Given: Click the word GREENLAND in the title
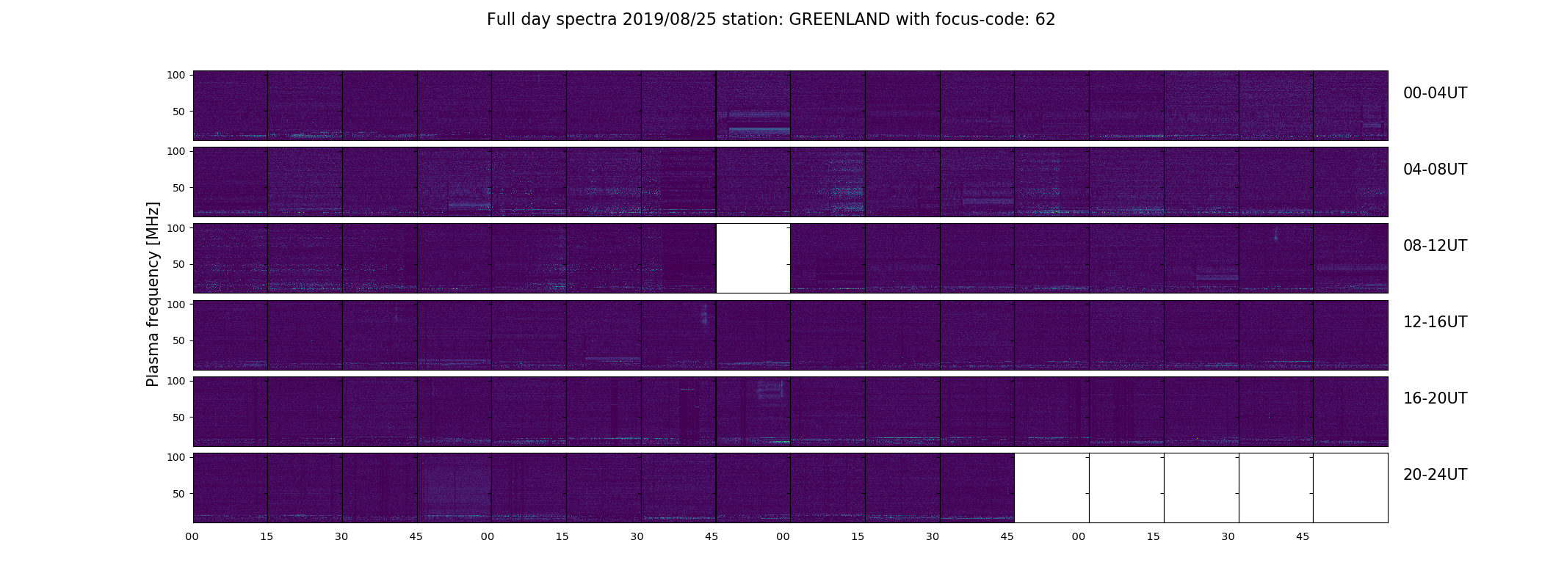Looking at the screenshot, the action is [x=839, y=20].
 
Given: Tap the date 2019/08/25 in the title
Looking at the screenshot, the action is [x=668, y=20].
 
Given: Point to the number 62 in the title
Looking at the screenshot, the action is [x=1046, y=20].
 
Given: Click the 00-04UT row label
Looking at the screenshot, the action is [x=1435, y=93].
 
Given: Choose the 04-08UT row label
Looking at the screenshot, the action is [x=1435, y=169].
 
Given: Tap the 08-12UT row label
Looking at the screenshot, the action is [x=1435, y=246].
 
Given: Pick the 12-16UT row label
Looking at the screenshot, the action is [x=1435, y=322].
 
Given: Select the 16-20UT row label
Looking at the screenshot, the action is [x=1435, y=398].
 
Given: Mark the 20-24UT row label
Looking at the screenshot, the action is [x=1435, y=475].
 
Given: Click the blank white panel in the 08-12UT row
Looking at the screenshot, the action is [x=753, y=258].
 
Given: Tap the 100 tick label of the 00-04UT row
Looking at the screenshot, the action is [x=176, y=76].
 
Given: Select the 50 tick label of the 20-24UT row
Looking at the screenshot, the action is [x=179, y=494].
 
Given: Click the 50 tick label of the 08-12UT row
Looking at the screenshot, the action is [x=179, y=265].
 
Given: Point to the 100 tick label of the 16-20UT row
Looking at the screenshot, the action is [x=176, y=381].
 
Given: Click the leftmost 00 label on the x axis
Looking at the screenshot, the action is [x=192, y=537].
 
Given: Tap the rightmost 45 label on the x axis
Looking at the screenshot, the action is [x=1303, y=537].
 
